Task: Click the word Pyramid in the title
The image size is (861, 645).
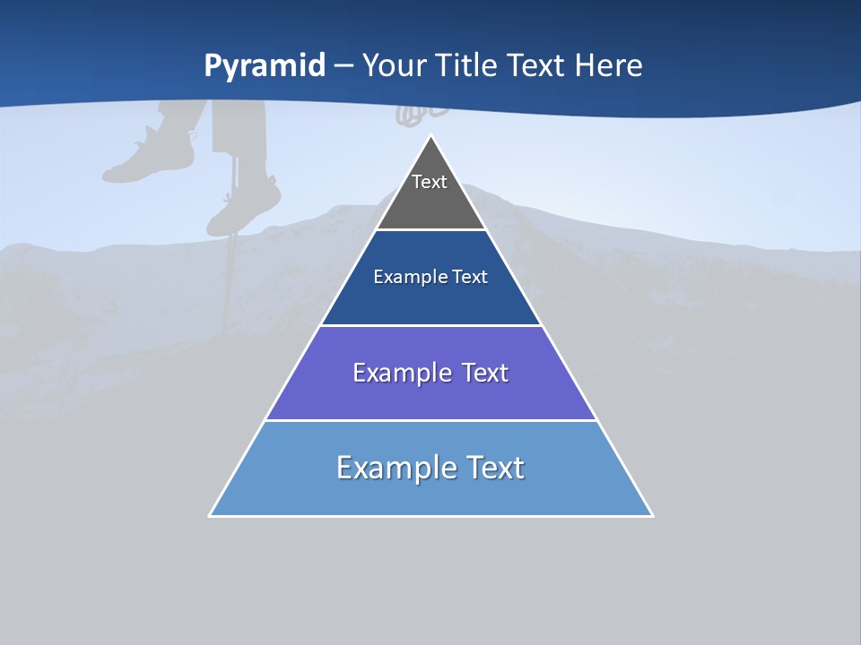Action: [265, 66]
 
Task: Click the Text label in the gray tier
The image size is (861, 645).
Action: [430, 182]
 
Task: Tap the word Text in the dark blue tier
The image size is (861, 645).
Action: [470, 277]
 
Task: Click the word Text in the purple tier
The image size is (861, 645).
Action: [484, 373]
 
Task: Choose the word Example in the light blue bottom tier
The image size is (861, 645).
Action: [394, 468]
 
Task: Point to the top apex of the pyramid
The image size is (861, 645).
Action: [431, 136]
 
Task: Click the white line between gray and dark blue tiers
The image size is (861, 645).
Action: [430, 230]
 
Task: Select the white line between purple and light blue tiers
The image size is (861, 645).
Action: [430, 420]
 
